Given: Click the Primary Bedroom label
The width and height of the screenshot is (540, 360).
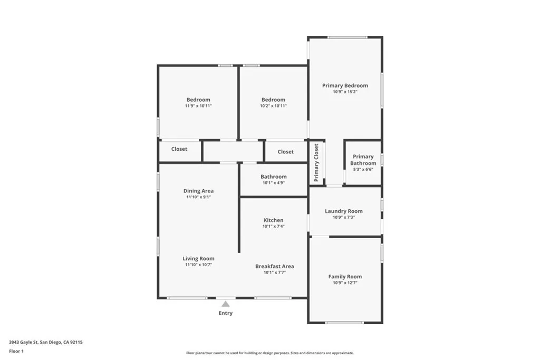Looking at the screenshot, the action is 345,85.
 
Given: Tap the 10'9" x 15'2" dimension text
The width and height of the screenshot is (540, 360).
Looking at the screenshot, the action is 345,92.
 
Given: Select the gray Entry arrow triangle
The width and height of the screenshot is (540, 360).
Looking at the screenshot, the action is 226,304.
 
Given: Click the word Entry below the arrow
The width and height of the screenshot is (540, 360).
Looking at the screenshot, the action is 226,313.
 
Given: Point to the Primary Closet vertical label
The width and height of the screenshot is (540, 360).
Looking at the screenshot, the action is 316,162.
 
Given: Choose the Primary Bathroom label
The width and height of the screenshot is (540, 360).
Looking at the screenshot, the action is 363,160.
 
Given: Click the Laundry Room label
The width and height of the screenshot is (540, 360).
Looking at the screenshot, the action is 344,211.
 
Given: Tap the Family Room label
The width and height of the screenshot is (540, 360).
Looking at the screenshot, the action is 345,276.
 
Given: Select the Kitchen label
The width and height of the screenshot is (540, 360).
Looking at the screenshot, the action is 274,220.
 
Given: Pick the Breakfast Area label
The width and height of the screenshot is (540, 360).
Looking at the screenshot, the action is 274,266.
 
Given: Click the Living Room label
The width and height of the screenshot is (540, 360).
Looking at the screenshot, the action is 198,258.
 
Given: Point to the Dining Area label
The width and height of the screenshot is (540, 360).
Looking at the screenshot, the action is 198,191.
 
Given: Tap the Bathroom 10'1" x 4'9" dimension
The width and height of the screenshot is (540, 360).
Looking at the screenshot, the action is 274,183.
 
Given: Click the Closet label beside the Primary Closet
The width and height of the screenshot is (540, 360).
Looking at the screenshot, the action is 285,151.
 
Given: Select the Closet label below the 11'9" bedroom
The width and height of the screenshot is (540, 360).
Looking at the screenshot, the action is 179,149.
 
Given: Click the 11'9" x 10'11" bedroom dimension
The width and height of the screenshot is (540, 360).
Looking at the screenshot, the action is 198,106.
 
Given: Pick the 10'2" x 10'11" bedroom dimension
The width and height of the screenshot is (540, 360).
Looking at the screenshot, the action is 273,106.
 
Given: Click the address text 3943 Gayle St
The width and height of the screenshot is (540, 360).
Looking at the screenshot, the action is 23,342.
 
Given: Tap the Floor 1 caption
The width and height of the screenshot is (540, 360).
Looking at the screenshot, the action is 16,351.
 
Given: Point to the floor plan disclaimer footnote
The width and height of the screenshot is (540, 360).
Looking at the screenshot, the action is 270,353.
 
